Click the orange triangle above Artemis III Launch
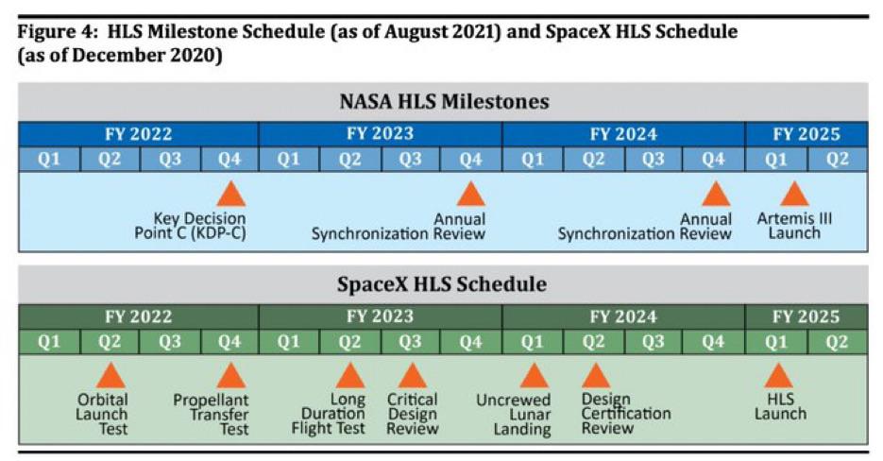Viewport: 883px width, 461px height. tap(794, 195)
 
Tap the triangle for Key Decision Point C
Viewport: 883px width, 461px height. tap(230, 195)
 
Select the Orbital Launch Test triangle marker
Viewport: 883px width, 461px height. tap(110, 376)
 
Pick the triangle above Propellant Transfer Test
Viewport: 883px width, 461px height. tap(230, 376)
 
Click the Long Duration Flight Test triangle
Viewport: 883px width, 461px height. tap(349, 376)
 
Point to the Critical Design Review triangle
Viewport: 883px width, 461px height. tap(412, 376)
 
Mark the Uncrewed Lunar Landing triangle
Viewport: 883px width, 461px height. tap(534, 376)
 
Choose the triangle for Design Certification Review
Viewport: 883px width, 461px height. tap(595, 376)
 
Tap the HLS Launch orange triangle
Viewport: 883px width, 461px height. tap(779, 376)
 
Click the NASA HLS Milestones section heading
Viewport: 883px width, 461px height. tap(443, 101)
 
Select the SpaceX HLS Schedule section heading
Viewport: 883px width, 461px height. tap(443, 283)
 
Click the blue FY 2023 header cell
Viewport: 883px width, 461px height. tap(380, 133)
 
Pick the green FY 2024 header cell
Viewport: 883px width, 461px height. tap(623, 316)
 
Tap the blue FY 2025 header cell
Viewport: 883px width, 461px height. tap(807, 133)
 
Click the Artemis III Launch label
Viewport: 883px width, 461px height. tap(794, 226)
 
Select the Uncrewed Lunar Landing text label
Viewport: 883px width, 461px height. tap(522, 414)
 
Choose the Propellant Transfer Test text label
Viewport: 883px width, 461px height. tap(211, 414)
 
